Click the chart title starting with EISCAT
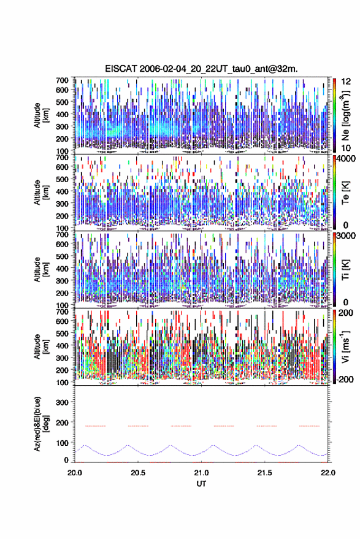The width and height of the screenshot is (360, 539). pos(201,69)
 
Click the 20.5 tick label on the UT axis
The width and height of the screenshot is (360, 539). pos(138,473)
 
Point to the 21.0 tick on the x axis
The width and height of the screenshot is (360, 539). pos(201,473)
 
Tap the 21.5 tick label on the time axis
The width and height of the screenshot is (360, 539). pos(264,473)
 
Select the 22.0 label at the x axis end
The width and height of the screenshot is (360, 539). pos(327,473)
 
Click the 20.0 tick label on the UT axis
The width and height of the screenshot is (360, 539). pos(75,473)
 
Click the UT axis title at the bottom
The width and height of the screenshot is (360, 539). pos(201,484)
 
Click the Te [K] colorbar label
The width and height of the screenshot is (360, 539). pos(345,193)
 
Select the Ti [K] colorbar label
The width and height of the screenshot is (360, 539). pos(345,270)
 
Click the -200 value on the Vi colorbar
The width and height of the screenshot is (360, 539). pos(345,380)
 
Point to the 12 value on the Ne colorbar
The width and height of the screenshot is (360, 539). pos(347,82)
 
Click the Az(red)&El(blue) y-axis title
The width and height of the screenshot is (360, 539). pos(41,424)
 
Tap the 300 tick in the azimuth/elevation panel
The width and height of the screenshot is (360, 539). pos(62,402)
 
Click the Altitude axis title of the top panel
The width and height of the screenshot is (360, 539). pos(41,115)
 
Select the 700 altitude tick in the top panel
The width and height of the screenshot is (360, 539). pos(62,80)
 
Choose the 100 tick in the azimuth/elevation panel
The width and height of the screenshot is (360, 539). pos(62,443)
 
